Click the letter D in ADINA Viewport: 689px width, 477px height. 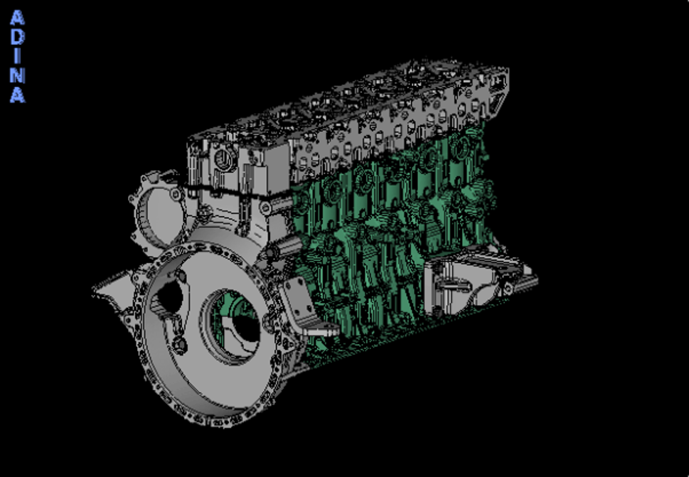coord(17,37)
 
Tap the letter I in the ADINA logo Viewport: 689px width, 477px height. coord(17,56)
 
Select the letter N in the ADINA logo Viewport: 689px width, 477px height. coord(17,75)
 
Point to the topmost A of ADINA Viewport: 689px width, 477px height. coord(17,18)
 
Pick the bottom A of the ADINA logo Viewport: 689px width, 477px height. coord(17,95)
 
